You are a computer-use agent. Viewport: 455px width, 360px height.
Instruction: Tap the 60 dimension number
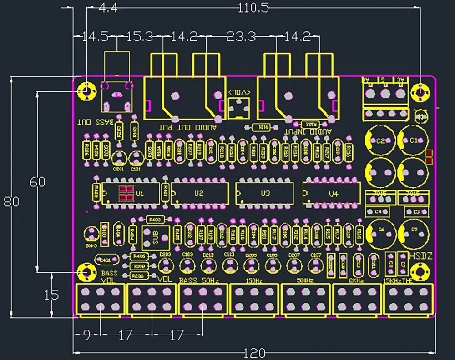tap(37, 182)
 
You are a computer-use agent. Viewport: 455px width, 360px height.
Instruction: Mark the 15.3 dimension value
tap(139, 37)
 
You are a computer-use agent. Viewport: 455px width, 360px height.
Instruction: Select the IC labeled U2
tap(199, 194)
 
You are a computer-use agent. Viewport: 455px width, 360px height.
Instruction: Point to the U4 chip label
tap(334, 194)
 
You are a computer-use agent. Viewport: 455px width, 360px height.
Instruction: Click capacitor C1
tap(414, 140)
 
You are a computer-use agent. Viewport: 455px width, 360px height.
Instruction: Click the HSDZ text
tap(420, 257)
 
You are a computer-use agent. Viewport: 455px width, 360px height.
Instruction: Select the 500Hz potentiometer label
tap(305, 280)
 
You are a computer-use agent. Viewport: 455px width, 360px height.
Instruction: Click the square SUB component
tap(155, 238)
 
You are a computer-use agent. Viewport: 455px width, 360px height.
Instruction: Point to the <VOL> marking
tap(240, 92)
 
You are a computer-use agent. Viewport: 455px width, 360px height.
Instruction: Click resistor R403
tap(155, 220)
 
